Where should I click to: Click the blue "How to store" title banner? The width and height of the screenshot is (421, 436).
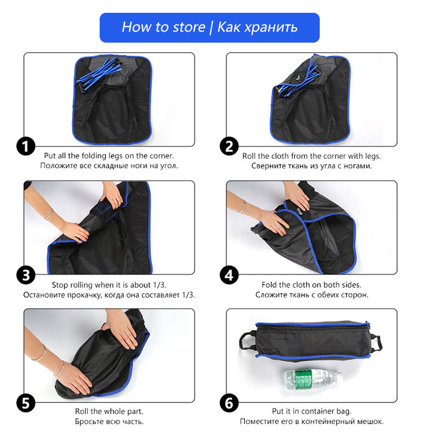coord(209,28)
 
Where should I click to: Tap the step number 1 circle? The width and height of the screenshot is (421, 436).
coord(26,146)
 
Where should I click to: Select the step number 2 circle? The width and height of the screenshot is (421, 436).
coord(229,146)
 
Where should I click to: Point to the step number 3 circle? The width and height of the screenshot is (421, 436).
coord(26,275)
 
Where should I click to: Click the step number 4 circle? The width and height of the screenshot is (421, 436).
coord(229,275)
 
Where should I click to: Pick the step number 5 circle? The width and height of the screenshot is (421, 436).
coord(26,403)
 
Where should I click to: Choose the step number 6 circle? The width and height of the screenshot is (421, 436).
coord(229,403)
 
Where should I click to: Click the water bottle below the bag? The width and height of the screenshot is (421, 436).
coord(313,379)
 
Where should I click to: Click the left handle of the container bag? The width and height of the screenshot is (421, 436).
coord(247,341)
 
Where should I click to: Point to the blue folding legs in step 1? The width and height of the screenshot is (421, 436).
coord(100,74)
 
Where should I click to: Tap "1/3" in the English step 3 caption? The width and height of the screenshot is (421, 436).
coord(159,285)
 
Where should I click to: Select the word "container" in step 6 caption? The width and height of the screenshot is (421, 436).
coord(317,411)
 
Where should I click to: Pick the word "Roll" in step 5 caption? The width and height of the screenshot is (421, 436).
coord(82,411)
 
